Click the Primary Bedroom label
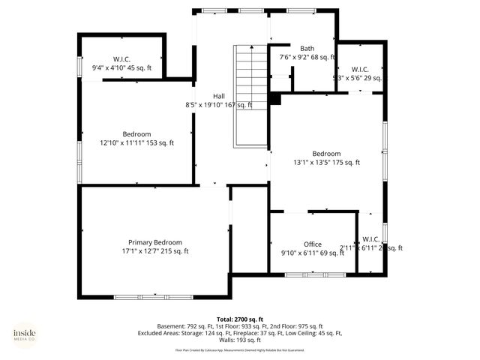pyautogui.click(x=154, y=242)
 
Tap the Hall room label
pyautogui.click(x=218, y=96)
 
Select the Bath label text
pyautogui.click(x=307, y=48)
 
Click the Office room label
pyautogui.click(x=312, y=244)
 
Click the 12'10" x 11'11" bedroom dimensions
pyautogui.click(x=136, y=142)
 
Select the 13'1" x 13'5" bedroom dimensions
pyautogui.click(x=326, y=162)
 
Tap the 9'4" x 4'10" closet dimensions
pyautogui.click(x=121, y=67)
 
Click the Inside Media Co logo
pyautogui.click(x=24, y=334)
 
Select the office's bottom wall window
pyautogui.click(x=315, y=275)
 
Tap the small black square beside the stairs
pyautogui.click(x=274, y=98)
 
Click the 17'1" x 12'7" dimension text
pyautogui.click(x=154, y=251)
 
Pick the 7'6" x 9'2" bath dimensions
pyautogui.click(x=307, y=57)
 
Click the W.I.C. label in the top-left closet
pyautogui.click(x=121, y=58)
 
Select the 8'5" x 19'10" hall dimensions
pyautogui.click(x=218, y=105)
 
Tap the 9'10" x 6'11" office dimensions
pyautogui.click(x=312, y=253)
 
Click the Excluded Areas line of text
pyautogui.click(x=239, y=333)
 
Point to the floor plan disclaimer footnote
pyautogui.click(x=239, y=350)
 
